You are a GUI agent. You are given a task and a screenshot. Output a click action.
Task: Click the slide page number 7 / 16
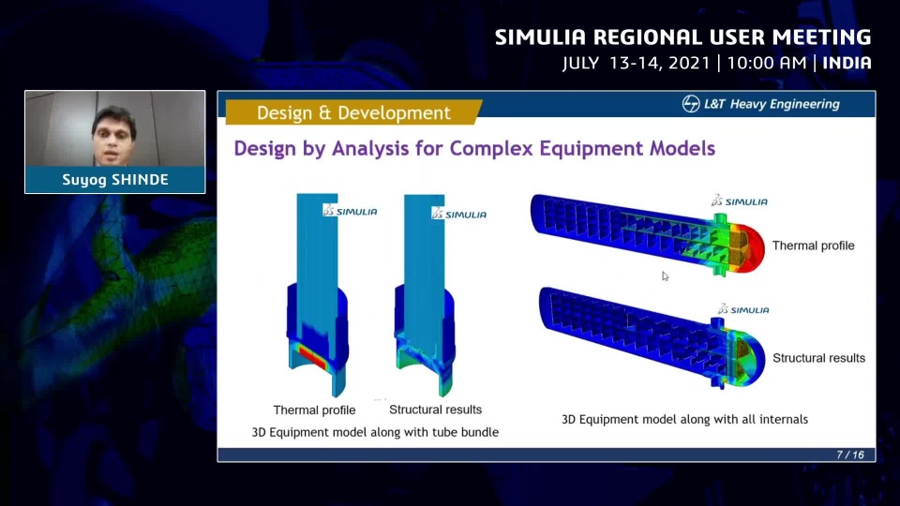click(850, 455)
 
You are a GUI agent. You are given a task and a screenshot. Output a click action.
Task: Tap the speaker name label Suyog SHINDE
click(114, 180)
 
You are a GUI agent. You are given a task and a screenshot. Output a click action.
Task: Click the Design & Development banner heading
click(353, 113)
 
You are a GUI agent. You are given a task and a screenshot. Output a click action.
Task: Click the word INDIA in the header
click(847, 63)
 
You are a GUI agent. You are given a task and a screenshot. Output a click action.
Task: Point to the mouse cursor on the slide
click(665, 276)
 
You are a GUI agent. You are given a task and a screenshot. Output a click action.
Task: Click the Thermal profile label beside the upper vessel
click(814, 246)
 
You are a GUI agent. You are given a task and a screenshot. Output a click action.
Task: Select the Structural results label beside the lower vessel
click(819, 358)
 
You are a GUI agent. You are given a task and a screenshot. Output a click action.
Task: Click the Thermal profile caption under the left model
click(315, 410)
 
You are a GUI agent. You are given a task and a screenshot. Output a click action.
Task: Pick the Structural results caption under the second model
click(436, 409)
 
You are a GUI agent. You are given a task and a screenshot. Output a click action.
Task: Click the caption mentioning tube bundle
click(375, 432)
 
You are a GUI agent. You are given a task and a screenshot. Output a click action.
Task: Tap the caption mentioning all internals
click(684, 420)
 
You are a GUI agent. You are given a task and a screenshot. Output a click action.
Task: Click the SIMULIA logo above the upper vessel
click(740, 201)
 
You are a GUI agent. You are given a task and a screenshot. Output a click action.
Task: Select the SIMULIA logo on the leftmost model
click(350, 211)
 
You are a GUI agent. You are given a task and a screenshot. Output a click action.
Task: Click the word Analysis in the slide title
click(370, 149)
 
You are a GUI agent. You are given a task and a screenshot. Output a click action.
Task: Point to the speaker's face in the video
click(113, 136)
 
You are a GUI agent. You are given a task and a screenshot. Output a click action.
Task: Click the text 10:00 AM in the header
click(767, 63)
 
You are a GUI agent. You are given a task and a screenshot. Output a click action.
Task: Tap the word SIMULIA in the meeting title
click(541, 37)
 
